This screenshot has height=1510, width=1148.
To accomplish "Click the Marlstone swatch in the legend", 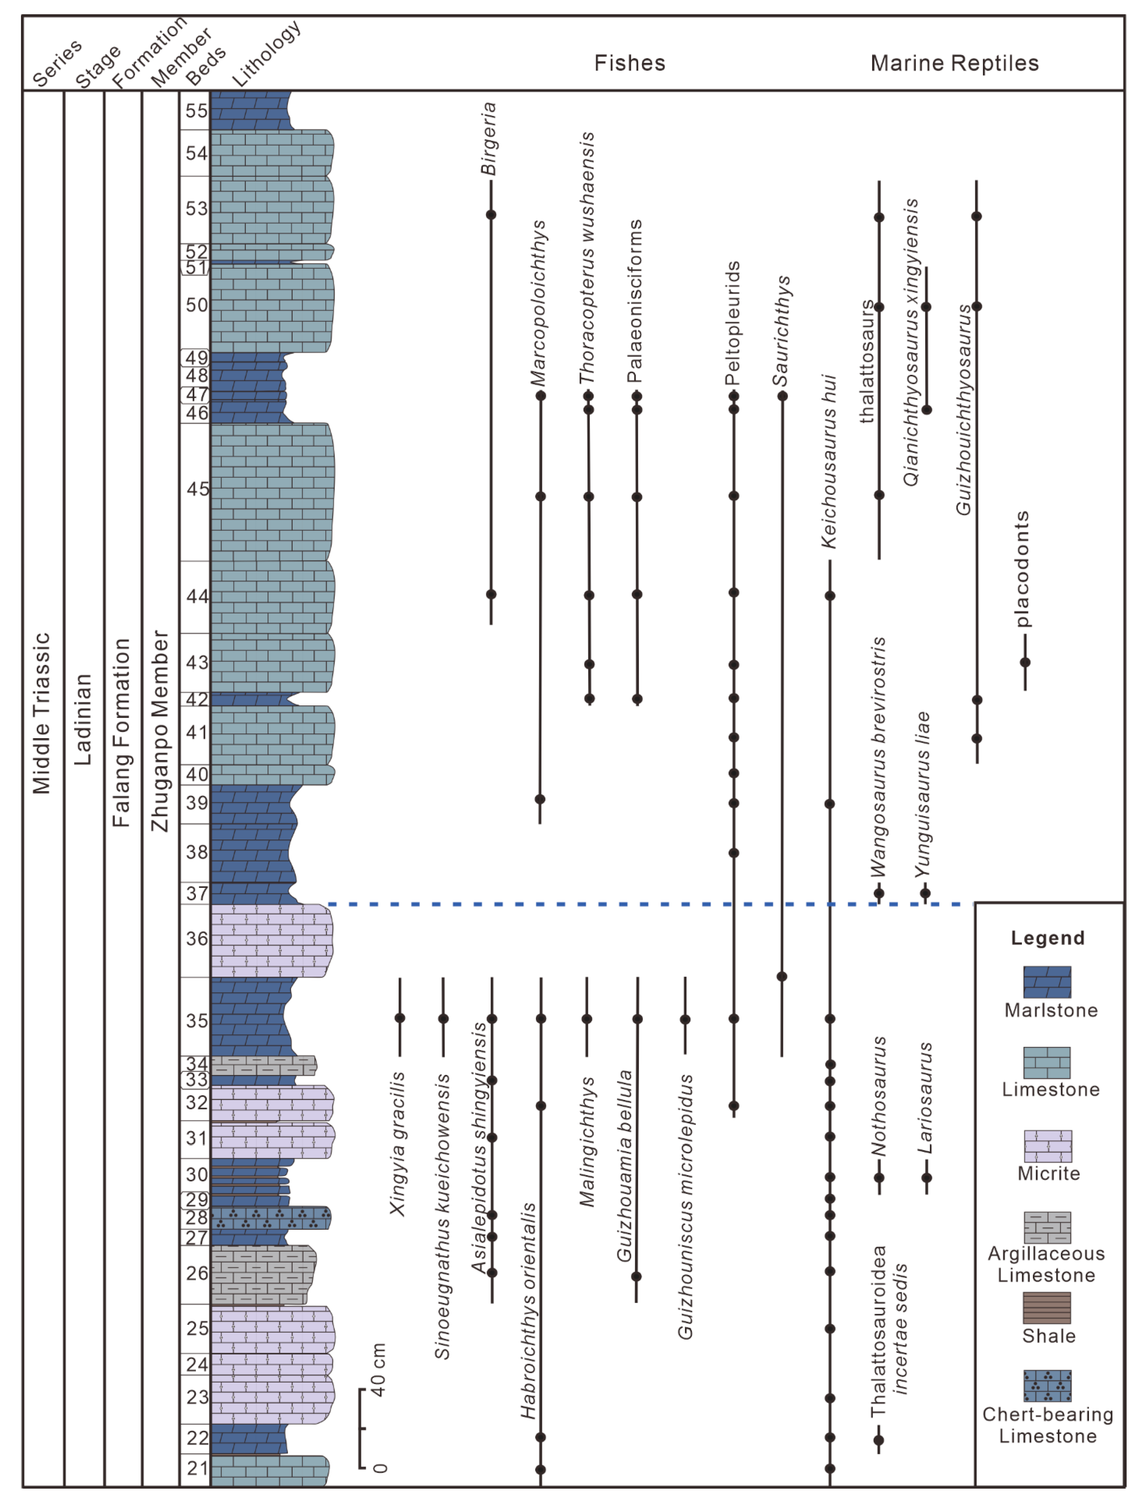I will tap(1047, 982).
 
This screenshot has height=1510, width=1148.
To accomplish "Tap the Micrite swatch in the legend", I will tap(1047, 1146).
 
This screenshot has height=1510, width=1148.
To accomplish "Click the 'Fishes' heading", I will tap(629, 64).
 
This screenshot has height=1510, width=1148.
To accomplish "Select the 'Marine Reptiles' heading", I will tap(954, 64).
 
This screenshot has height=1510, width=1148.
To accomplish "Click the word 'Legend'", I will tap(1047, 938).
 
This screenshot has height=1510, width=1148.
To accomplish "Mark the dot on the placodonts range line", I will tap(1025, 662).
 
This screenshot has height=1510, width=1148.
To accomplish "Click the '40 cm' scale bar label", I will tap(378, 1370).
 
